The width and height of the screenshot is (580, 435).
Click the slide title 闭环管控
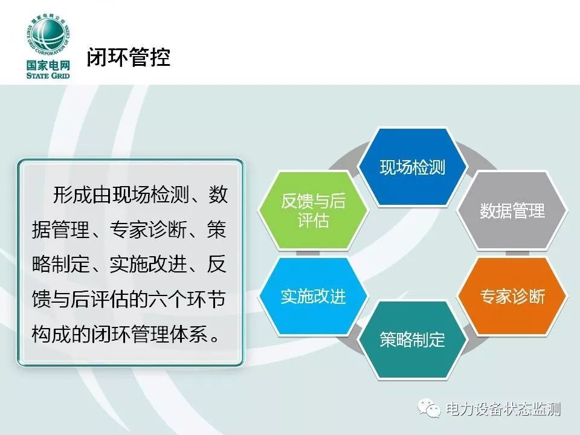[x=128, y=57]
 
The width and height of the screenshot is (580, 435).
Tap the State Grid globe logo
[x=48, y=37]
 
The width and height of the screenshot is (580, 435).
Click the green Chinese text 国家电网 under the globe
[x=48, y=65]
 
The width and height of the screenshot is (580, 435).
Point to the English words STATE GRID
[x=48, y=76]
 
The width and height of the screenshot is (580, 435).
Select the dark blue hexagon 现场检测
[x=413, y=167]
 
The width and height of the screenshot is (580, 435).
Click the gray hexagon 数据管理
[x=512, y=210]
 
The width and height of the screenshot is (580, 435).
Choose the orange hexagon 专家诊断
[x=512, y=296]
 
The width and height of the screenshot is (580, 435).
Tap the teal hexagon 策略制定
[x=413, y=340]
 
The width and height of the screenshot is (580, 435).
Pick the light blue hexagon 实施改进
[x=314, y=296]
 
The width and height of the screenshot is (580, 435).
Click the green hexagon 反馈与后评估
[x=314, y=210]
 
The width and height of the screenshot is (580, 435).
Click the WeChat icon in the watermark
[x=429, y=408]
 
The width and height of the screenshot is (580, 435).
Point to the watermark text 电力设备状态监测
[x=503, y=409]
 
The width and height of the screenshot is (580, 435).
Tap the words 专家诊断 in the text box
[x=149, y=230]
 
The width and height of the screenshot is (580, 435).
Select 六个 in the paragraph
[x=167, y=299]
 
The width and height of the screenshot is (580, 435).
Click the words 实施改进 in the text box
[x=149, y=264]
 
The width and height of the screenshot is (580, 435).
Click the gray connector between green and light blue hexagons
[x=308, y=253]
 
